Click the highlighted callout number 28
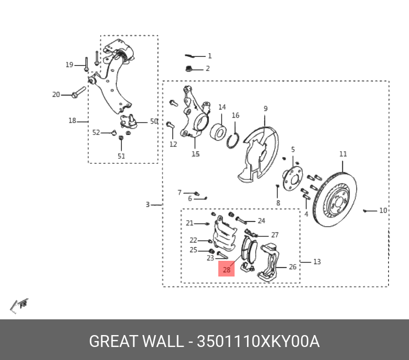click(x=226, y=269)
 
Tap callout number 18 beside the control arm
click(x=72, y=121)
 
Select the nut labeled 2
click(x=190, y=69)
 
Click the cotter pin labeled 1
click(x=191, y=56)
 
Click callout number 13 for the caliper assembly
click(x=317, y=262)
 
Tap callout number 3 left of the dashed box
click(x=147, y=204)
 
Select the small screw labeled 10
click(x=367, y=210)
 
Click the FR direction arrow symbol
click(x=20, y=305)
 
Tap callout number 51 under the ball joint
click(x=121, y=156)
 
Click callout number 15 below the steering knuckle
click(x=196, y=154)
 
